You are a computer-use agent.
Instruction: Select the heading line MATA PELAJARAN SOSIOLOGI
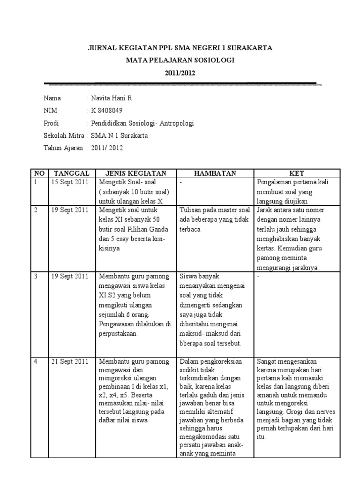point(180,60)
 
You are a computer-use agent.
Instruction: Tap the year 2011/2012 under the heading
point(180,73)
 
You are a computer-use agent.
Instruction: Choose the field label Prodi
point(52,123)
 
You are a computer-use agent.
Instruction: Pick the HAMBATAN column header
point(216,173)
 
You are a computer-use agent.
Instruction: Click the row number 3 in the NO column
point(36,276)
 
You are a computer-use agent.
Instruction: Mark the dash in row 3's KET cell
point(258,276)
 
